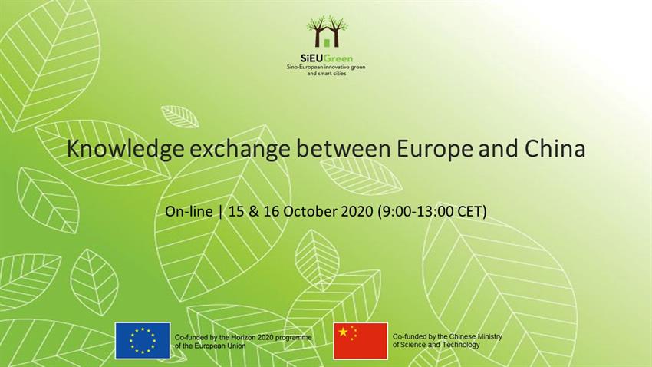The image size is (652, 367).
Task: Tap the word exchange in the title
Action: point(240,148)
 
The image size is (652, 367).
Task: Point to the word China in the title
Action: point(555,148)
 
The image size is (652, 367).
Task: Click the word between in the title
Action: point(344,148)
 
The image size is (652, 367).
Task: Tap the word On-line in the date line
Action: point(189,211)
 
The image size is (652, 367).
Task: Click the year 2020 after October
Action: point(357,211)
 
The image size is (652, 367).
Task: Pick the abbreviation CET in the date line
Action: point(472,211)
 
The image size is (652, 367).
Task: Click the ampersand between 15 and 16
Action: point(254,211)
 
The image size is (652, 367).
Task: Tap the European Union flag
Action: point(143,340)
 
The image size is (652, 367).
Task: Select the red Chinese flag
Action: point(361,340)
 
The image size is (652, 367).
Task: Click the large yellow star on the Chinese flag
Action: point(343,332)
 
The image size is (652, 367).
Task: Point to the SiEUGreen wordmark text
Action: point(327,58)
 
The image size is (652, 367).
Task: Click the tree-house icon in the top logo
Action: point(327,31)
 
